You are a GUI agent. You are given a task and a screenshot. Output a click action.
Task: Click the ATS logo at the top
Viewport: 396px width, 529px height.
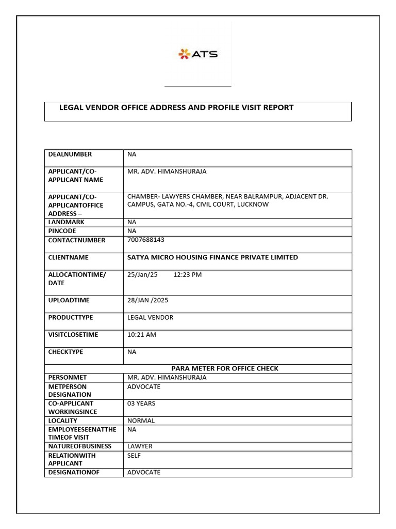198,54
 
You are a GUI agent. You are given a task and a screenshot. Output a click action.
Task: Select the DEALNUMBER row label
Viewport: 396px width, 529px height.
70,154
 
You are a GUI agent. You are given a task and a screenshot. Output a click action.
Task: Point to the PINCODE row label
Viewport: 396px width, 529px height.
62,231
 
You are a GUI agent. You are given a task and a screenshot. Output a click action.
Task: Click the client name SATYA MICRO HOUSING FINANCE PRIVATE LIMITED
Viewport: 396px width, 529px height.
212,257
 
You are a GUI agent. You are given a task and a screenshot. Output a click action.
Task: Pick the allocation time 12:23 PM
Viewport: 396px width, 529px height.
188,274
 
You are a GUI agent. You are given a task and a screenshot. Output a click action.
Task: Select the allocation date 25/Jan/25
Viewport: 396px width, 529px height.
142,274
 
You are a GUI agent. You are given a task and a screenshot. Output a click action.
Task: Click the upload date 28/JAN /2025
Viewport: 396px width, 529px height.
148,300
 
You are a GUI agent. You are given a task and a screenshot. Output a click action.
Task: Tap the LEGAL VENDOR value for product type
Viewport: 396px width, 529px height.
150,317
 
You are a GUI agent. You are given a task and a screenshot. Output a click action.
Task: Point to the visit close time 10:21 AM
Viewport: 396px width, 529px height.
142,334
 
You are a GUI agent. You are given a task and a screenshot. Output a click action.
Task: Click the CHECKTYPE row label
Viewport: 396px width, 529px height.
65,352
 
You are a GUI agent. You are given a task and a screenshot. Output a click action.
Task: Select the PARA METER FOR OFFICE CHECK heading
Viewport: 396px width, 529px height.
224,368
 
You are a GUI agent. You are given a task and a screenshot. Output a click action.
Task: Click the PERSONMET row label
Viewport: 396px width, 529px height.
65,377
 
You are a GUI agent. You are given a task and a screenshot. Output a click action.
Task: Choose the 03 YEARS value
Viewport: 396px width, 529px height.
141,403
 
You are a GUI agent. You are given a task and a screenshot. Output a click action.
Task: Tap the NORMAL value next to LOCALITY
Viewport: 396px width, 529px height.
141,421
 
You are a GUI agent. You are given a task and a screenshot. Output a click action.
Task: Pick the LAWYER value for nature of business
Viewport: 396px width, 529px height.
140,446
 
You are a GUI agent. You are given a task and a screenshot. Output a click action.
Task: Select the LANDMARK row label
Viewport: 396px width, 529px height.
66,222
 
